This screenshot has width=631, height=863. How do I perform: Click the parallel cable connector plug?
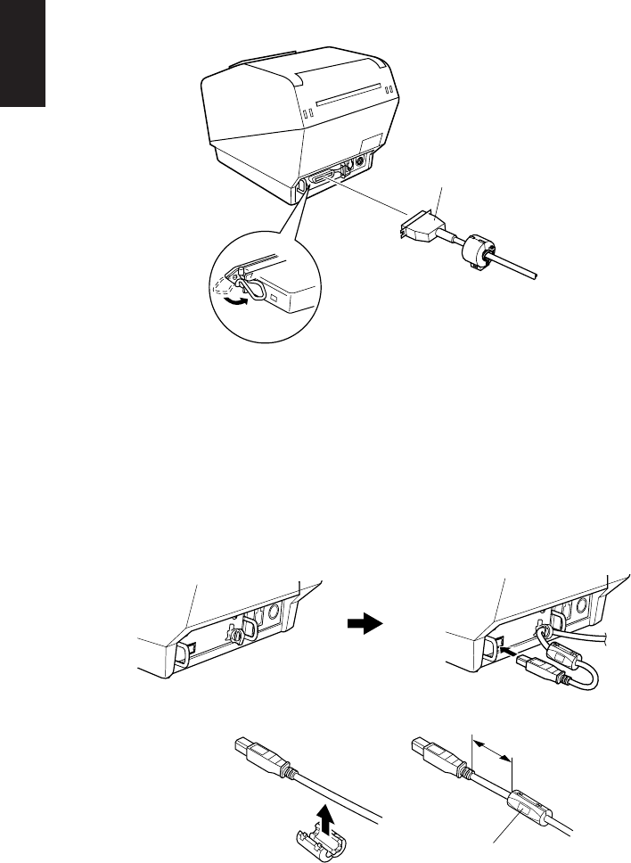click(420, 227)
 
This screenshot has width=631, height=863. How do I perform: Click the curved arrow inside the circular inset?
click(235, 303)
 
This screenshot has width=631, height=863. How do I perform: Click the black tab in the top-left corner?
click(21, 53)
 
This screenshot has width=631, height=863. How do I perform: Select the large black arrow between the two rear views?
click(365, 625)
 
